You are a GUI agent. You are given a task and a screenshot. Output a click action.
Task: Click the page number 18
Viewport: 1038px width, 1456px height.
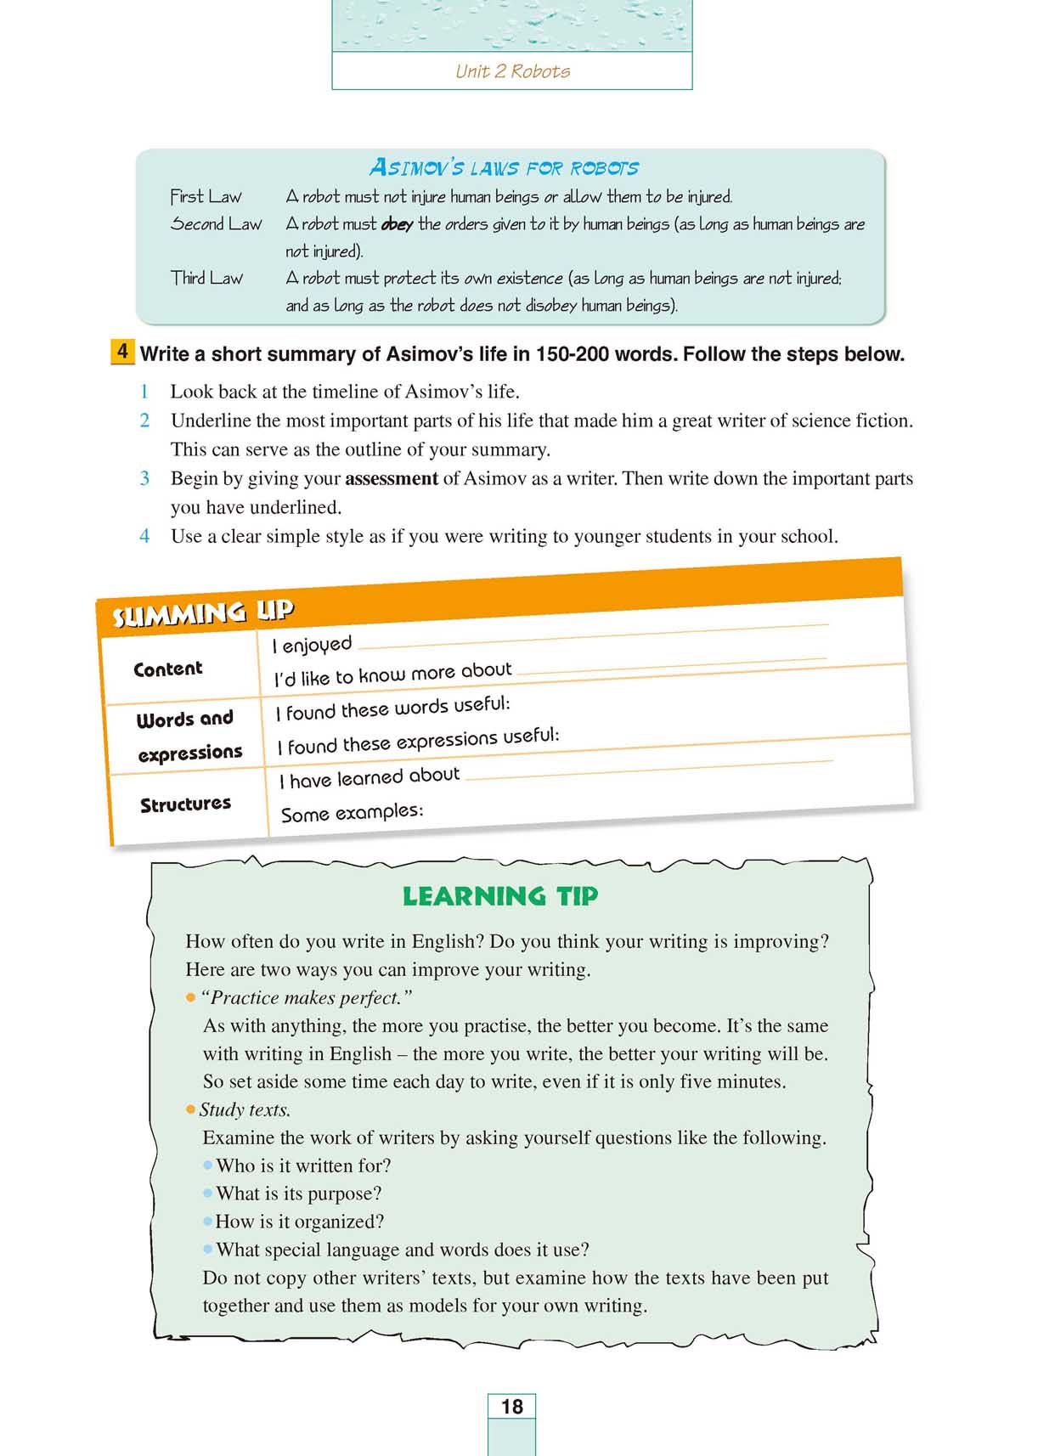(x=511, y=1407)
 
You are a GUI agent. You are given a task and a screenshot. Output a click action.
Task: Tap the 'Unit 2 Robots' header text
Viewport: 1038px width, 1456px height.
(x=512, y=71)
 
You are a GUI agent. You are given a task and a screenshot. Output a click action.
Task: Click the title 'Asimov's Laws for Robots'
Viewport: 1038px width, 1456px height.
(x=504, y=167)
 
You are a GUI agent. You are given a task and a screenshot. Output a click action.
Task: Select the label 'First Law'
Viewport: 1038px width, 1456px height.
(x=206, y=197)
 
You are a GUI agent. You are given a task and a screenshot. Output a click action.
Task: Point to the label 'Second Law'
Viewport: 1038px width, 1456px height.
(x=216, y=224)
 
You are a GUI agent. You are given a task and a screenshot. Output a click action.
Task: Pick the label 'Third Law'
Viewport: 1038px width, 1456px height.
(x=206, y=278)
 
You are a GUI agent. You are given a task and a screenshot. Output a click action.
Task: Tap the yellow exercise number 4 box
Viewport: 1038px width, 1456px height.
(x=122, y=352)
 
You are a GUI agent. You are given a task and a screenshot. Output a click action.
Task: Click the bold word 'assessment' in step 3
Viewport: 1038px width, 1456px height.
(x=392, y=479)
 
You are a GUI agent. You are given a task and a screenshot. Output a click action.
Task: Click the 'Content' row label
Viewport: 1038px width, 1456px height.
(x=168, y=669)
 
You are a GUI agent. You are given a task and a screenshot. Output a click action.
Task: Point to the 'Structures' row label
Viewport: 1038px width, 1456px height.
(x=185, y=804)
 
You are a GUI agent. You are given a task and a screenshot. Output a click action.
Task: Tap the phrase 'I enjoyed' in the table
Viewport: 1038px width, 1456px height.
(x=312, y=645)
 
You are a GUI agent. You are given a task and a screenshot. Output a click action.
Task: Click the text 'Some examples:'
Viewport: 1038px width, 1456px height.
(x=352, y=813)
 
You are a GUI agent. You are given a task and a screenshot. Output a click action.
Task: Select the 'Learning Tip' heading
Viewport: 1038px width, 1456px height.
(x=500, y=896)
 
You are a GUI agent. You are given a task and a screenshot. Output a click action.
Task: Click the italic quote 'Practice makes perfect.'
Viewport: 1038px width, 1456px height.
(x=306, y=998)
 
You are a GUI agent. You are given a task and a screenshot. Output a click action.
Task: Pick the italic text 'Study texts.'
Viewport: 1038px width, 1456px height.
(x=245, y=1110)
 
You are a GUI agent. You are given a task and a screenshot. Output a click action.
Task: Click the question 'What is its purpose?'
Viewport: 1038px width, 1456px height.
(x=298, y=1194)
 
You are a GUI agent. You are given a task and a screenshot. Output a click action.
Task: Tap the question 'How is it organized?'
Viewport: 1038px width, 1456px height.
(x=299, y=1222)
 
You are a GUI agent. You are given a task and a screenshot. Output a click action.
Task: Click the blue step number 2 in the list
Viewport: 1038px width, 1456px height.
(x=144, y=420)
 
